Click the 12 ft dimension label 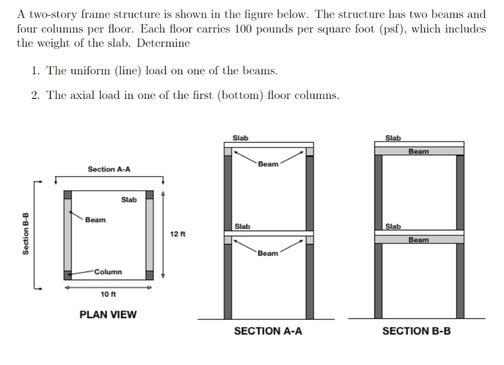coord(178,234)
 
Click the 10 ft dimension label coord(108,294)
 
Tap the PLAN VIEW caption coord(108,315)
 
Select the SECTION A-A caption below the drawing coord(268,331)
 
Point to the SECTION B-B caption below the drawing coord(416,331)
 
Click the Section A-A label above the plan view coord(109,169)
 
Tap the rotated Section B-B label coord(25,233)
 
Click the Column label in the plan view coord(108,272)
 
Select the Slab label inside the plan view coord(129,200)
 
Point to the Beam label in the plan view coord(95,220)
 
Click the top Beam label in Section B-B coord(419,152)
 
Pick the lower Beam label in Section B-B coord(419,240)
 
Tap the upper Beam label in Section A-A coord(268,164)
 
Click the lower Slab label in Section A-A coord(242,227)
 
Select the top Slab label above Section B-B coord(393,138)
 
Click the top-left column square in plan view coord(67,195)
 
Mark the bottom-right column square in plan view coord(150,275)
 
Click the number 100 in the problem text coord(244,29)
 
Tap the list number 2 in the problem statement coord(35,95)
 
